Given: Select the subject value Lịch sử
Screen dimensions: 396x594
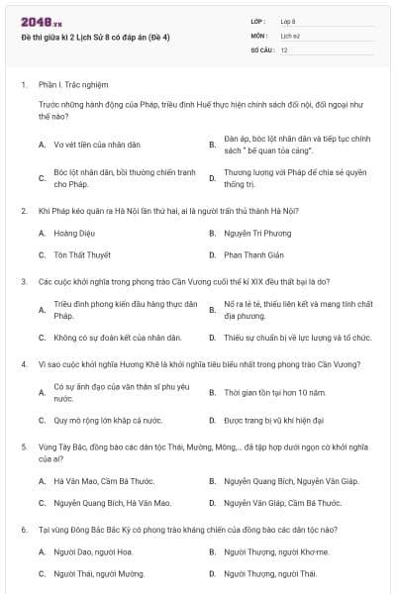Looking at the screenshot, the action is click(x=290, y=35).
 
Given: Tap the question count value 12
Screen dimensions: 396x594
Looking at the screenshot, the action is click(x=284, y=49).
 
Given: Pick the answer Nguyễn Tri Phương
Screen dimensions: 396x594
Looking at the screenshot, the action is click(x=256, y=234).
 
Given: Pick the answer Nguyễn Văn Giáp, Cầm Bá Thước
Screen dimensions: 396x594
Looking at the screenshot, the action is click(x=276, y=503).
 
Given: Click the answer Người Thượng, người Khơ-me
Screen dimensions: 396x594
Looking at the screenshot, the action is click(x=276, y=551).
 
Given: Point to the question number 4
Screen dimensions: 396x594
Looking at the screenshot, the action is click(x=23, y=362).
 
